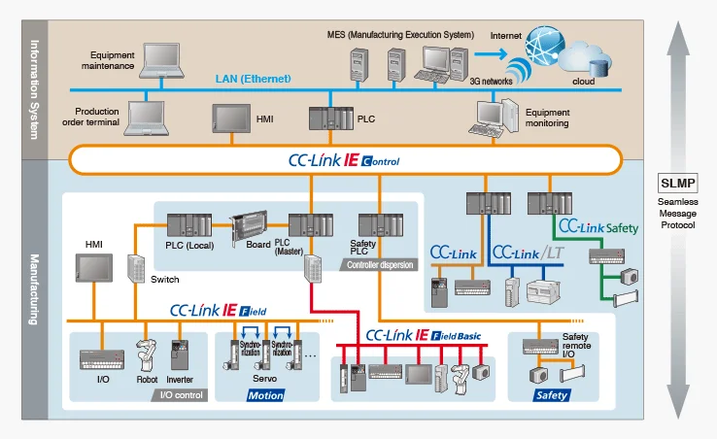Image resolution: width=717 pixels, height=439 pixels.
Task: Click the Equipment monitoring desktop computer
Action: [494, 118]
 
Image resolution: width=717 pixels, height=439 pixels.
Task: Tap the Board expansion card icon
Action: [247, 225]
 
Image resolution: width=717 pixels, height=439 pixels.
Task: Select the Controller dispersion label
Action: [380, 263]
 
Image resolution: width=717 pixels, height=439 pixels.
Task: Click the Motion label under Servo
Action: [265, 395]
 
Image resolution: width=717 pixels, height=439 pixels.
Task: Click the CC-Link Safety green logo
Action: [597, 228]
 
